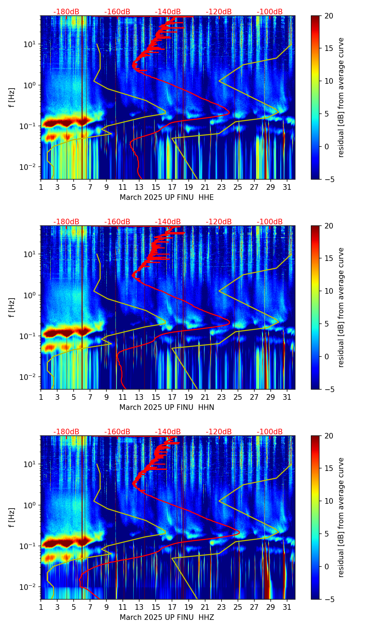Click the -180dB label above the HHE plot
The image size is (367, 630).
[66, 12]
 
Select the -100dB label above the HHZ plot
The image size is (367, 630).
[270, 432]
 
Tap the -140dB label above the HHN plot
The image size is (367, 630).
[168, 222]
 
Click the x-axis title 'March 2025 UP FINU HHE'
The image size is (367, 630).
[167, 197]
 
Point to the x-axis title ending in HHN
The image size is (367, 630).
[167, 407]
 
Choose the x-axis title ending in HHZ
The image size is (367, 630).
[167, 617]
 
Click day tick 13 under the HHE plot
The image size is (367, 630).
[140, 187]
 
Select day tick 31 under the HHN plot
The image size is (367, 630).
[287, 397]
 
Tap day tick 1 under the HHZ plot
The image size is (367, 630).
[41, 607]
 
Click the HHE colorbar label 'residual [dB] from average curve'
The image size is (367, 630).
[341, 98]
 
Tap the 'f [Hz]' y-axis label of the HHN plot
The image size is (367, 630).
[12, 308]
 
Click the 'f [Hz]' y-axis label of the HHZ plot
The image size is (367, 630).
[12, 518]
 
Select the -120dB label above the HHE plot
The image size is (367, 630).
[219, 12]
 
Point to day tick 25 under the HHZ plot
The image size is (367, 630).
[238, 607]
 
